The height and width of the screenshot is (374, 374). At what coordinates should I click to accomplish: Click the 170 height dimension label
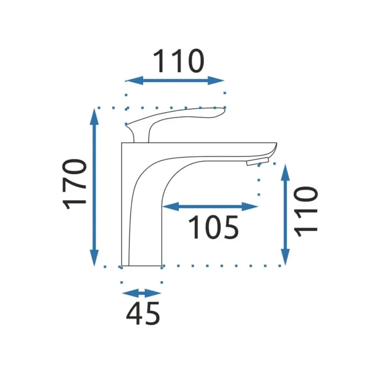point(74,184)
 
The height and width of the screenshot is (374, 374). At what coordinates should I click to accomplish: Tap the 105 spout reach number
point(214,227)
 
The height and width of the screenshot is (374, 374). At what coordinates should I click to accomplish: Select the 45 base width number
point(143,313)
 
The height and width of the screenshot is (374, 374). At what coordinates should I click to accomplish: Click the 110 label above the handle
point(178,61)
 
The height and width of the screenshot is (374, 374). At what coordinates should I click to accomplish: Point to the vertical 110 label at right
point(306,212)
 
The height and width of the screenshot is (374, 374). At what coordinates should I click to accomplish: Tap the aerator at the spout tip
point(258,161)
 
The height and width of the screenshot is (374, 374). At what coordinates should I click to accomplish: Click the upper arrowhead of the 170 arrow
point(94,116)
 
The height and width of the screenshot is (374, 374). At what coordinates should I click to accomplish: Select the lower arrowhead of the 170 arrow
point(94,258)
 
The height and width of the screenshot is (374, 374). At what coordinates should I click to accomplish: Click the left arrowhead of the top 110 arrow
point(134,80)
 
